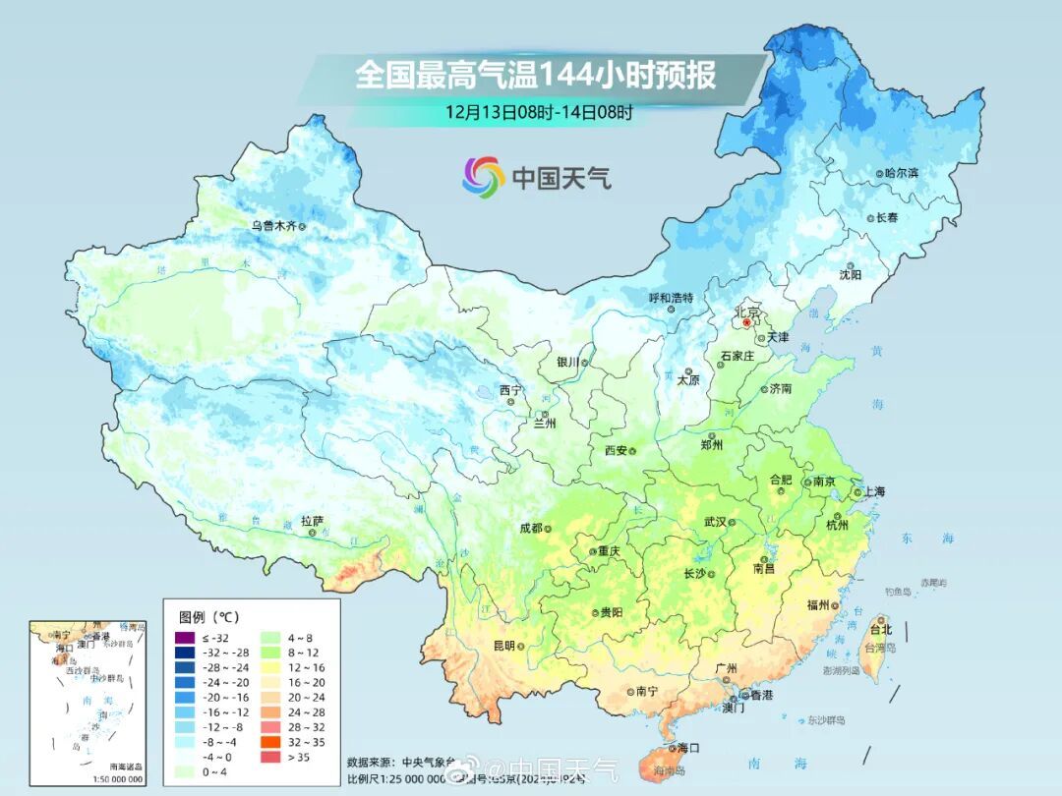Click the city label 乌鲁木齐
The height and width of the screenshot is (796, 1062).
pyautogui.click(x=272, y=225)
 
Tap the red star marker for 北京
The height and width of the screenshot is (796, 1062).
pyautogui.click(x=746, y=322)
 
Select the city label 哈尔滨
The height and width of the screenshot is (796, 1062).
pyautogui.click(x=901, y=173)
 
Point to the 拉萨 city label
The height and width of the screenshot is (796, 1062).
pyautogui.click(x=312, y=521)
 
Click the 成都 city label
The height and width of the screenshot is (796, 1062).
pyautogui.click(x=530, y=528)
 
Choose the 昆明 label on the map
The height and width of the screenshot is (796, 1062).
pyautogui.click(x=503, y=645)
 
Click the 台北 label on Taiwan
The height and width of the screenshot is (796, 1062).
pyautogui.click(x=880, y=629)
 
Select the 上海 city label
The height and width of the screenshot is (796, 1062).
pyautogui.click(x=874, y=491)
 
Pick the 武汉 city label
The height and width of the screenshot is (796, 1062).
pyautogui.click(x=714, y=522)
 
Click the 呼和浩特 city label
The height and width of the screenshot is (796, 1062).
pyautogui.click(x=672, y=297)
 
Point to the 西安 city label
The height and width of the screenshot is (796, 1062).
pyautogui.click(x=616, y=450)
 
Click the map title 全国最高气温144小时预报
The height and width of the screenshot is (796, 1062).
pyautogui.click(x=535, y=76)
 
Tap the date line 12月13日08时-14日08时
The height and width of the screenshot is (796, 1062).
pyautogui.click(x=539, y=111)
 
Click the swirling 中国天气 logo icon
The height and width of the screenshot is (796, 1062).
pyautogui.click(x=484, y=176)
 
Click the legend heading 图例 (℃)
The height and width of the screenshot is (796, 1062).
pyautogui.click(x=209, y=617)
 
